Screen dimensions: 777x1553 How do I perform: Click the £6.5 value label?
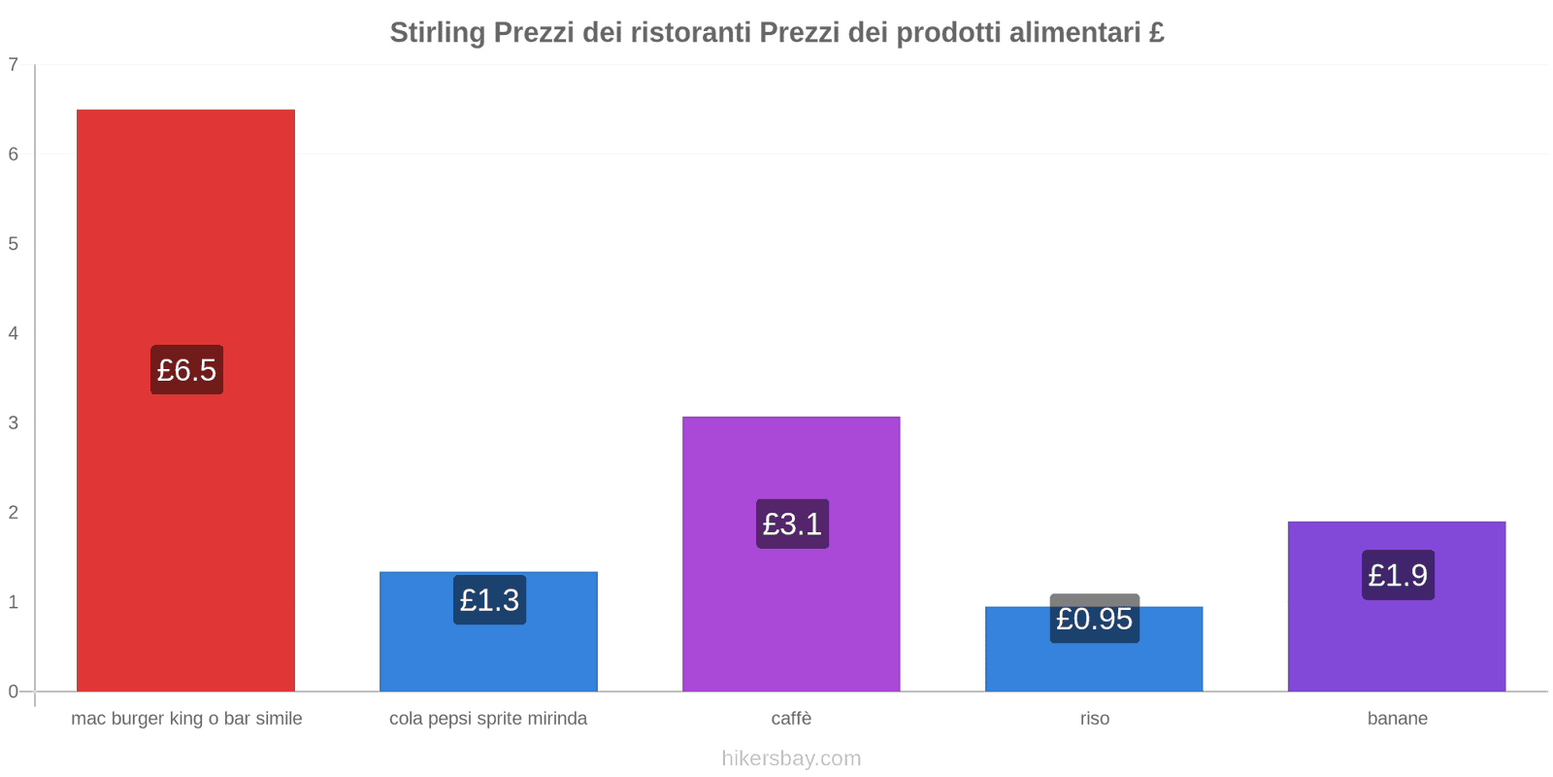pyautogui.click(x=186, y=370)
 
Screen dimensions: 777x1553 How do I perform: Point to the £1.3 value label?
pyautogui.click(x=489, y=600)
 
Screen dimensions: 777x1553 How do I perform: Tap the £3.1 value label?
pyautogui.click(x=792, y=524)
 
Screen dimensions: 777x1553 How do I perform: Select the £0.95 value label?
pyautogui.click(x=1094, y=619)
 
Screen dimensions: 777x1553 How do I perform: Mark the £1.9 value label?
pyautogui.click(x=1398, y=575)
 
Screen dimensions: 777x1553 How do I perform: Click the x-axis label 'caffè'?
pyautogui.click(x=791, y=719)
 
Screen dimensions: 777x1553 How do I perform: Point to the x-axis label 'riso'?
pyautogui.click(x=1094, y=719)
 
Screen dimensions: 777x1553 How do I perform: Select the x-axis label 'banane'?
pyautogui.click(x=1397, y=719)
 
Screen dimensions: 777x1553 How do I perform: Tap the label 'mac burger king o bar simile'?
pyautogui.click(x=186, y=719)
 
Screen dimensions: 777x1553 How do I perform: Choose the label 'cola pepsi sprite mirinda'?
pyautogui.click(x=488, y=719)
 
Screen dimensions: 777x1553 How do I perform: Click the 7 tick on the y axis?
pyautogui.click(x=14, y=65)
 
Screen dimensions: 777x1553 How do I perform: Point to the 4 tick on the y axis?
pyautogui.click(x=14, y=333)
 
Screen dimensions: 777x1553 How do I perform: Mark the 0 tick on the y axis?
pyautogui.click(x=14, y=692)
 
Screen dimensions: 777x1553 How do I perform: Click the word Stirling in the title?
pyautogui.click(x=437, y=33)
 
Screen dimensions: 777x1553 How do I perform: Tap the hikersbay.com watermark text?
pyautogui.click(x=791, y=759)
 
